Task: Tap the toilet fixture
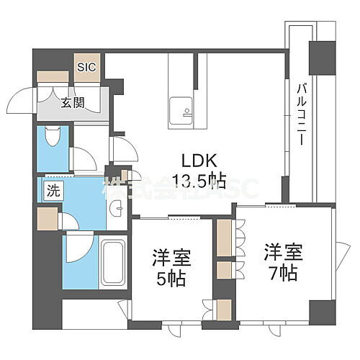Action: tap(51, 137)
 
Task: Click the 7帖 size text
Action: tap(282, 273)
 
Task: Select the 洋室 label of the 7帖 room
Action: tap(282, 253)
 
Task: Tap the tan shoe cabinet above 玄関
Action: tap(53, 75)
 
